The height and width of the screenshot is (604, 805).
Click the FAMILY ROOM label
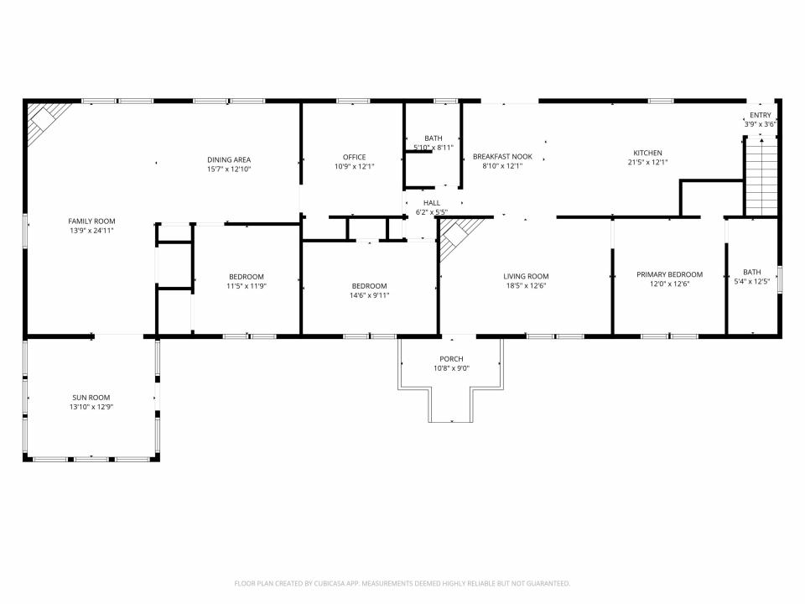[x=92, y=221]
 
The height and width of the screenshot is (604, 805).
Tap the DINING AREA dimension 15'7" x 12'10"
[x=229, y=169]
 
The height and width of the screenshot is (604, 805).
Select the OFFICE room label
[x=354, y=157]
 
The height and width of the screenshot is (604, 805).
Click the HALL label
[x=432, y=202]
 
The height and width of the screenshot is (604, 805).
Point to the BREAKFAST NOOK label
[x=502, y=156]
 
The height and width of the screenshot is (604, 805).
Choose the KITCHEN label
[x=647, y=153]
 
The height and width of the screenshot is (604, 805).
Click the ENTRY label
[x=761, y=115]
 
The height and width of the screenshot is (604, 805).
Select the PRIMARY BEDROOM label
[x=669, y=274]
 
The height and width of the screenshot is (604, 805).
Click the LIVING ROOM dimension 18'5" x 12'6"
[x=526, y=285]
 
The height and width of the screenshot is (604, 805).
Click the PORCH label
[x=451, y=359]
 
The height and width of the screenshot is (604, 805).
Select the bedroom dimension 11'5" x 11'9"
[x=247, y=286]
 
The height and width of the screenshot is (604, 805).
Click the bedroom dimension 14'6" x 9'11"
[x=369, y=294]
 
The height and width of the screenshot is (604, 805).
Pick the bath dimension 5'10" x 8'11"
[x=434, y=148]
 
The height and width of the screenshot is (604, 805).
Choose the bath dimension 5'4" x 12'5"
[x=751, y=281]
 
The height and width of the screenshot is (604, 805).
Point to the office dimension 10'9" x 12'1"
[x=354, y=166]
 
